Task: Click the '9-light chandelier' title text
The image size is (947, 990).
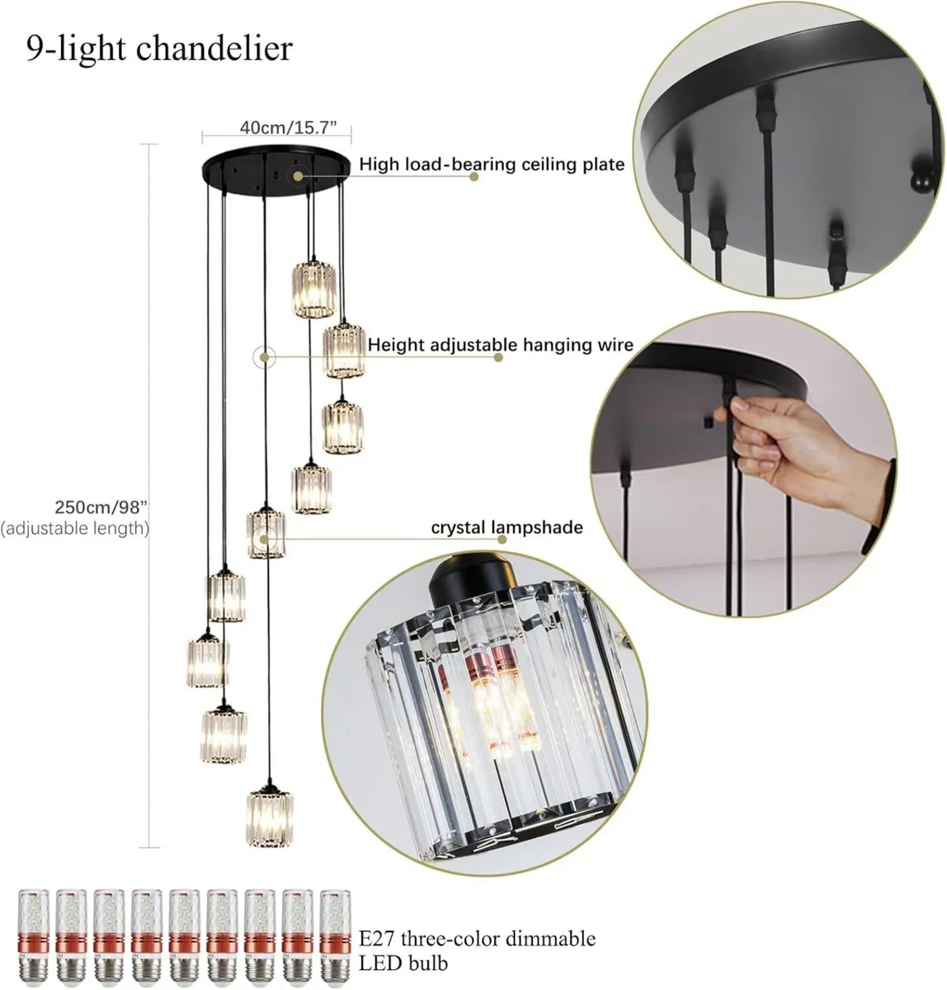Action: coord(159,49)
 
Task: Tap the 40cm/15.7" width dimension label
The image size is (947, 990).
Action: coord(289,127)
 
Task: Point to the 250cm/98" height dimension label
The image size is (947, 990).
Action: coord(101,507)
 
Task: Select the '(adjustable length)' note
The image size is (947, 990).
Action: coord(75,529)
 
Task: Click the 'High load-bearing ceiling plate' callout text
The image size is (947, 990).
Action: coord(492,164)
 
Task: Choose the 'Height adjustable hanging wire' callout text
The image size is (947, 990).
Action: coord(501,344)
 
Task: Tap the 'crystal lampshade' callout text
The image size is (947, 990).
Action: coord(507,527)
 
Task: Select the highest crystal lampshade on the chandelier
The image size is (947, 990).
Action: coord(313,289)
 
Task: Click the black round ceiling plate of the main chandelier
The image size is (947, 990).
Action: coord(276,169)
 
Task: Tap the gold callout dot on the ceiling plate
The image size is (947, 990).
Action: coord(298,176)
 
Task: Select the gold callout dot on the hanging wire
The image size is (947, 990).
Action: coord(264,357)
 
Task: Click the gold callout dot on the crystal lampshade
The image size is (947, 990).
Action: coord(263,539)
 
